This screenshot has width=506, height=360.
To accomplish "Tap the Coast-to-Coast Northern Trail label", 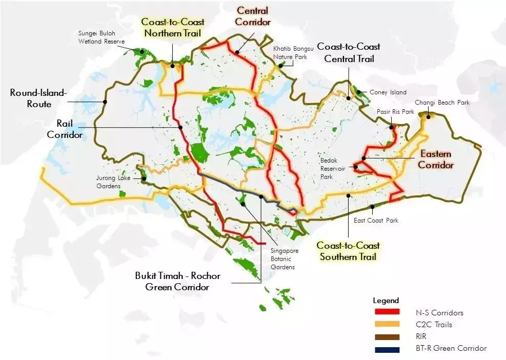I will click(x=173, y=28).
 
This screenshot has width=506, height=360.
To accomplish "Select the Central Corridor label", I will click(x=253, y=16).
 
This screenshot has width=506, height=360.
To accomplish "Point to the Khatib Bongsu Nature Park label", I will click(x=290, y=53).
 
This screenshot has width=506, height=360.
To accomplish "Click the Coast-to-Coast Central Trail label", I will click(x=349, y=53).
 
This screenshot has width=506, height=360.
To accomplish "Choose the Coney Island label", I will click(x=388, y=92).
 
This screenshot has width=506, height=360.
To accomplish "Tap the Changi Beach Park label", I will click(x=442, y=103).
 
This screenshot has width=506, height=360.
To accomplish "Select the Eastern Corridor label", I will click(x=436, y=159).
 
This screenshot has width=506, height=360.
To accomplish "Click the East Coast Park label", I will click(x=376, y=221).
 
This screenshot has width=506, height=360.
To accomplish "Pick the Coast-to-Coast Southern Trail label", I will click(x=348, y=251).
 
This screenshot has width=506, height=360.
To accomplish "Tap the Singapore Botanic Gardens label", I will click(x=285, y=259).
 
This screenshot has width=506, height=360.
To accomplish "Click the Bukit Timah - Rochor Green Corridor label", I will click(x=177, y=282).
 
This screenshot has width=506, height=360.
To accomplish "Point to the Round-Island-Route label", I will click(x=38, y=98).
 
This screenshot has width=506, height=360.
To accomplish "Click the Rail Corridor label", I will click(x=65, y=129).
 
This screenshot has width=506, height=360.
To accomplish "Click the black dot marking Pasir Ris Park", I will click(x=391, y=127).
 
